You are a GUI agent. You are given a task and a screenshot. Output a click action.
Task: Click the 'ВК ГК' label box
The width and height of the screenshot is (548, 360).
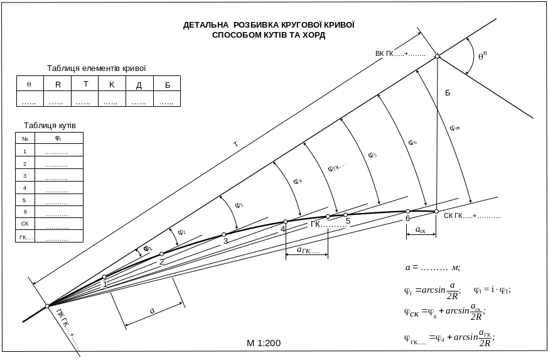(400, 53)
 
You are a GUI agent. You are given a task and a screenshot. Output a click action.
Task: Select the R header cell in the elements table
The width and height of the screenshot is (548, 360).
(58, 84)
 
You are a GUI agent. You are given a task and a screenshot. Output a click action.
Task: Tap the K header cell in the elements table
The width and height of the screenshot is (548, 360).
(112, 84)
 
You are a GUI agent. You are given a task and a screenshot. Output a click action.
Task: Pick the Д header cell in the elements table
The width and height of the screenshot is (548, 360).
(139, 84)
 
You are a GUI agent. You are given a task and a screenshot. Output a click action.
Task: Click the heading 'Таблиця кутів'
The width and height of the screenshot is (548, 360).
(50, 126)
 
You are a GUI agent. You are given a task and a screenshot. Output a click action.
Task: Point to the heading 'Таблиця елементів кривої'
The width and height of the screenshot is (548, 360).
(97, 68)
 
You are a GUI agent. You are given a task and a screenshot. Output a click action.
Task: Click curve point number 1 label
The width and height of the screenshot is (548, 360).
(104, 284)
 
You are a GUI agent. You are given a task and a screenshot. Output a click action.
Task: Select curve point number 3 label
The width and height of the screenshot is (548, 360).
(224, 241)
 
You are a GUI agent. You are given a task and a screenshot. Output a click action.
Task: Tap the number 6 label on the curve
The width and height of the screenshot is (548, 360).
(407, 218)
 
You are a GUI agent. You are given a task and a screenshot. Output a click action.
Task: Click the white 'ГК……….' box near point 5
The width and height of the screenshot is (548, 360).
(328, 224)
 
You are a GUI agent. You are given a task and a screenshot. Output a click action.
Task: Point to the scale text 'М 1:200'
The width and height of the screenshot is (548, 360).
(264, 343)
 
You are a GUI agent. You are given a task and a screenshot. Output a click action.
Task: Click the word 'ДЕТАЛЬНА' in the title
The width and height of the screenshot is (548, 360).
(205, 26)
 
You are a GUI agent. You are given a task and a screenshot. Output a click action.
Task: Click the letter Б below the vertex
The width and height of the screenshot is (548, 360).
(448, 93)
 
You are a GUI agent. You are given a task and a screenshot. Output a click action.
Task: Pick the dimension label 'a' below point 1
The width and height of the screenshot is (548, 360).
(153, 311)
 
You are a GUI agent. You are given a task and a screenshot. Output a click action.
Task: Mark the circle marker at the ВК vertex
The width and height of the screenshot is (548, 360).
(438, 57)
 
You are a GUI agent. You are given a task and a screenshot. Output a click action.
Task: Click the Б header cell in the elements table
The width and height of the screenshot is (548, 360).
(167, 84)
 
